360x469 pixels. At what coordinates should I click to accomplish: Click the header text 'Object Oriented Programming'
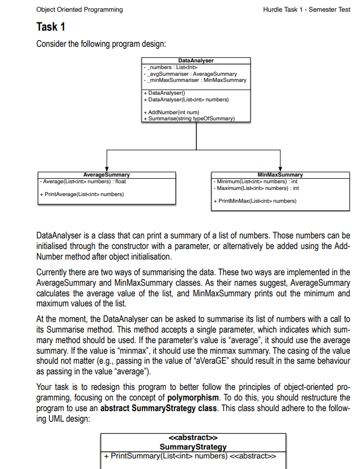pos(79,9)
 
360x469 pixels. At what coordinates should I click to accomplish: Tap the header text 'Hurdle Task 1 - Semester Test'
pos(307,9)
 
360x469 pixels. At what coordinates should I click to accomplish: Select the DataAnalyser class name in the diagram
pos(195,60)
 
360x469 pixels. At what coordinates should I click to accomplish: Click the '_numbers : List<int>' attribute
pos(167,67)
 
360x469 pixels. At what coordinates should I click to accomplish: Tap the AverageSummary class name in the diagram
pos(106,175)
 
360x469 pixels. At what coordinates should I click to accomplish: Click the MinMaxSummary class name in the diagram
pos(280,175)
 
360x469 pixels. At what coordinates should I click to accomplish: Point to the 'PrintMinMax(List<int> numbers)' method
pos(256,201)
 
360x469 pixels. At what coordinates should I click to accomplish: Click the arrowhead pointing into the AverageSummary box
pos(106,168)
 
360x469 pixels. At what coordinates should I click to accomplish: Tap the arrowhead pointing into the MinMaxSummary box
pos(280,168)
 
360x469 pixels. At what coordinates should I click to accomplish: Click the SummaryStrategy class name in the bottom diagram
pos(193,447)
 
